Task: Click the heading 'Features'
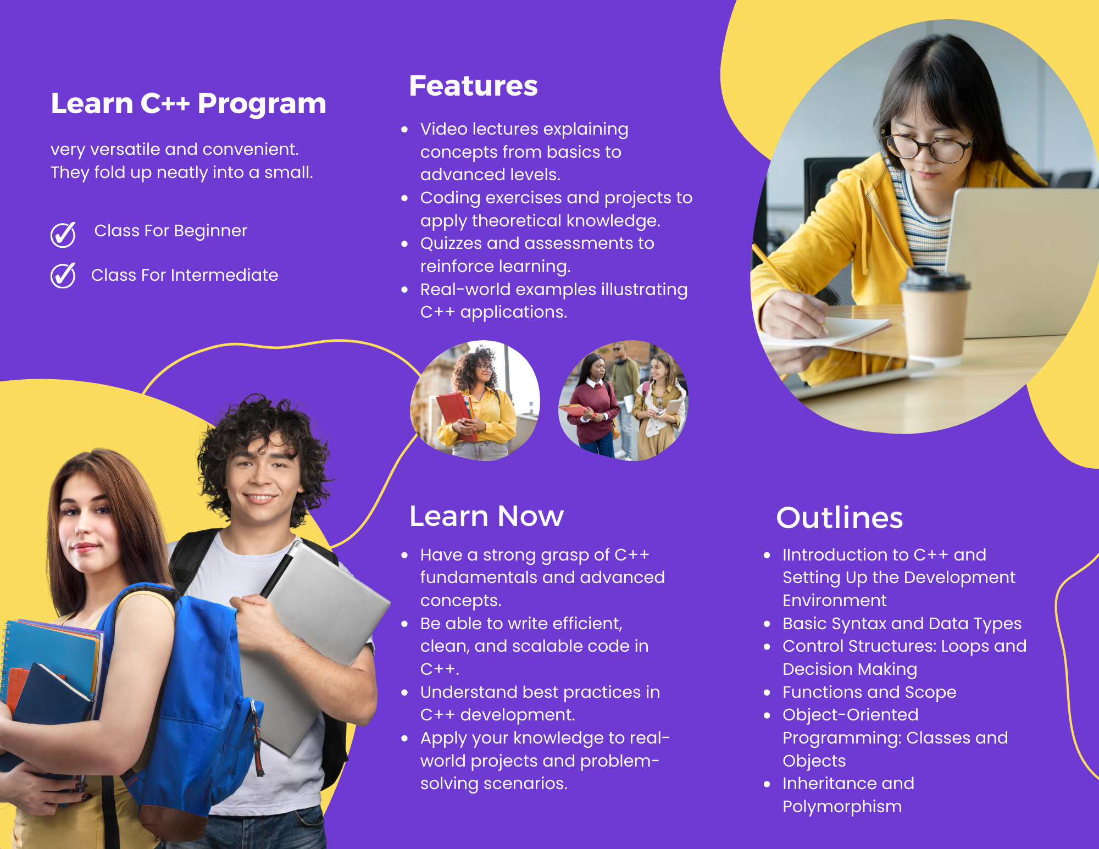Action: [473, 86]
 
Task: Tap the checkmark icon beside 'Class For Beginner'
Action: [63, 235]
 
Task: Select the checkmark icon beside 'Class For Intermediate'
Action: [63, 275]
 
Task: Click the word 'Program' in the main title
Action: [262, 104]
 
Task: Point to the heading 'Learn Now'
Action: [486, 516]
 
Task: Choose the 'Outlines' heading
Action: [840, 518]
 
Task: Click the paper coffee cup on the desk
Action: [934, 313]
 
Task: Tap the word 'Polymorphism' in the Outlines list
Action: [842, 807]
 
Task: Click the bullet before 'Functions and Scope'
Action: [767, 692]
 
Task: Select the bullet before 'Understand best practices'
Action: [405, 692]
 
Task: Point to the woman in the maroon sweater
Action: [592, 407]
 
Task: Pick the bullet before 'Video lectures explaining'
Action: [405, 130]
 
